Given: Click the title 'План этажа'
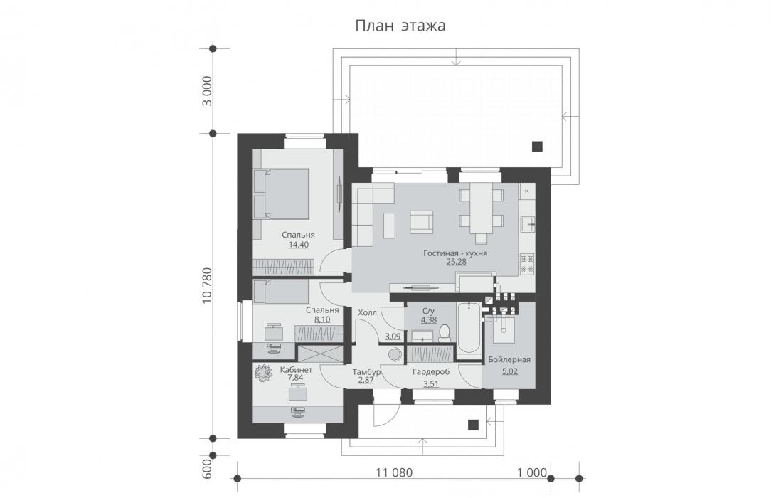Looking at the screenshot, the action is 400,26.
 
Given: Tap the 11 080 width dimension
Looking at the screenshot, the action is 394,473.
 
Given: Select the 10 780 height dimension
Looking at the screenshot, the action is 207,285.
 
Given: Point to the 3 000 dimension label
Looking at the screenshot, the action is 207,91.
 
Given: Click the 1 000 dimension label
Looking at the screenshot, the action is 531,473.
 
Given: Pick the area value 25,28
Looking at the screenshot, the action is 456,262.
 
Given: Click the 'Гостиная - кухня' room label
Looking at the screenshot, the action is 455,253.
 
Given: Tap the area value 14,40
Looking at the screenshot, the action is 299,244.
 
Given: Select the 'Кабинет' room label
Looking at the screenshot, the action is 296,370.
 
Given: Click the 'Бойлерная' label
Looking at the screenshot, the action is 509,360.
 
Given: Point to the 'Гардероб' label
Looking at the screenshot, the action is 431,372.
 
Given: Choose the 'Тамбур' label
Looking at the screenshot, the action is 367,372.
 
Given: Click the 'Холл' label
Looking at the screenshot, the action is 367,312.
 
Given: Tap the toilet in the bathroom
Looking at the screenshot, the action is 445,333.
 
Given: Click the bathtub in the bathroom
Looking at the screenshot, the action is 469,328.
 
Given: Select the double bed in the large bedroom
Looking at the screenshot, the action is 281,194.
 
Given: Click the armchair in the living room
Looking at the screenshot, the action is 422,223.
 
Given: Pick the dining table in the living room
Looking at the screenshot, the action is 481,208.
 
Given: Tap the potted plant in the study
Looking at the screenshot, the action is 263,373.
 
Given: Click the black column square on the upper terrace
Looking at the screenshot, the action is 537,146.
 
